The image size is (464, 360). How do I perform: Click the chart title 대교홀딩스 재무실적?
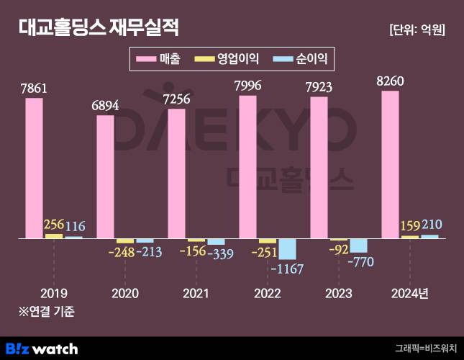point(99,28)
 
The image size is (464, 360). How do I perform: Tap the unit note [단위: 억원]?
point(416,30)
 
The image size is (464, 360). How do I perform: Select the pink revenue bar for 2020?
point(105,176)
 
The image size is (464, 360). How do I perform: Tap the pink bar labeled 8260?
point(390,164)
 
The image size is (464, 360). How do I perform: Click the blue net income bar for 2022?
point(287,248)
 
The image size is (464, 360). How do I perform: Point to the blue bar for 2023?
point(358,245)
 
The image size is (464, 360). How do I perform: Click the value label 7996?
point(247,86)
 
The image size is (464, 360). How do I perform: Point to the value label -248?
point(121,252)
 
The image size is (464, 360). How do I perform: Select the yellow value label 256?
point(54,225)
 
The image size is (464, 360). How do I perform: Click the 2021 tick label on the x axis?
point(196,293)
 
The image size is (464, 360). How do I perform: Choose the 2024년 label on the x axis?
point(409,293)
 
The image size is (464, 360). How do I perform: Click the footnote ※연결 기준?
point(47,312)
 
